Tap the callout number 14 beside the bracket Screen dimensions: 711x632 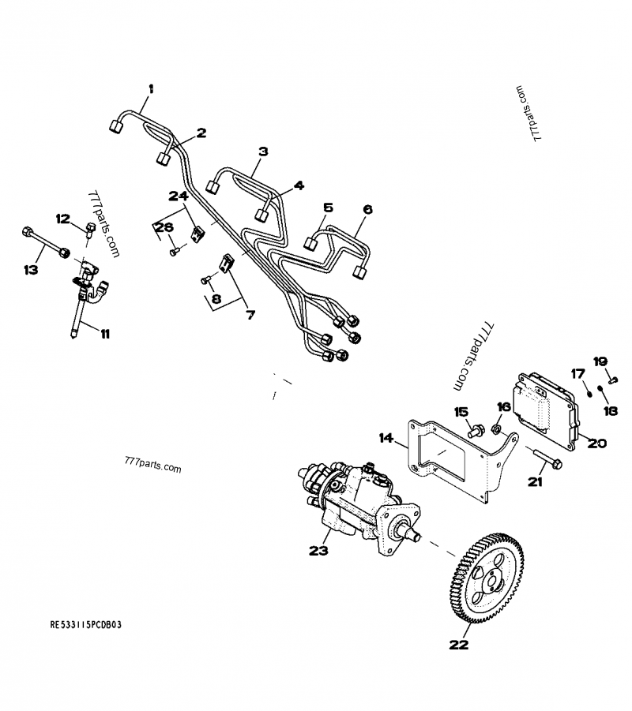(x=385, y=437)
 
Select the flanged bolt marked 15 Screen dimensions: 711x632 (x=473, y=431)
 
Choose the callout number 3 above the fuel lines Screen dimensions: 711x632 (x=263, y=151)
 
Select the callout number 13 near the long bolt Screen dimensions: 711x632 (x=30, y=270)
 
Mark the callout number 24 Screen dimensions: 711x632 (x=177, y=195)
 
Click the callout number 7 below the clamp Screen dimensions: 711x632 (x=250, y=315)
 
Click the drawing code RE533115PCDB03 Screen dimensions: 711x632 (x=87, y=623)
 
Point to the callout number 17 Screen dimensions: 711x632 (x=577, y=373)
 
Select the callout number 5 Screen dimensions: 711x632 (x=327, y=208)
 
